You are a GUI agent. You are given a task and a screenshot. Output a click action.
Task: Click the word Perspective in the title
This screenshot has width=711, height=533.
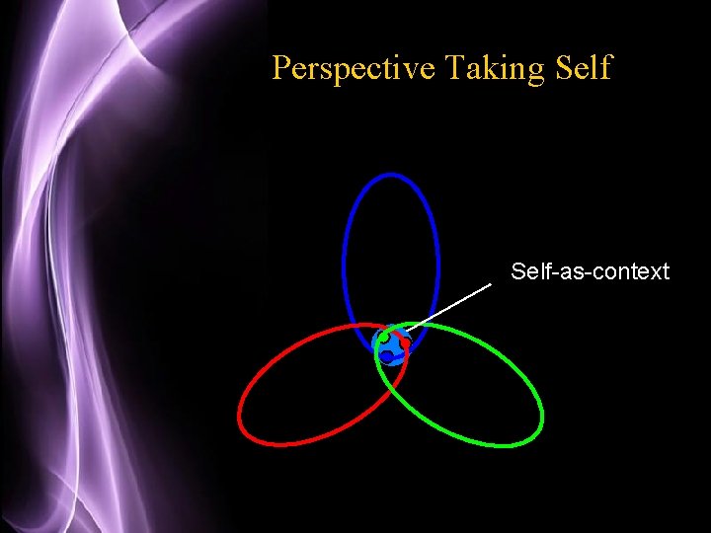point(354,68)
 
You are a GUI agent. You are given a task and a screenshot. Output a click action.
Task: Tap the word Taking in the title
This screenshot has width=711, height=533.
point(492,68)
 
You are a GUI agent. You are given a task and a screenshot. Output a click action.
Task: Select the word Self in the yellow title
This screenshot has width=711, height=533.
point(585,68)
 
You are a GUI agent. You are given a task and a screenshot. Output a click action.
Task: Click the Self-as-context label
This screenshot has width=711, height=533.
point(590,270)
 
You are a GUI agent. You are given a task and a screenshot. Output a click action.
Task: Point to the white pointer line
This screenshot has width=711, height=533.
point(450,306)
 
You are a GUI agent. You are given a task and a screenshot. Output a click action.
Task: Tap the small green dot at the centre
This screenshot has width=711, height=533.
point(384,338)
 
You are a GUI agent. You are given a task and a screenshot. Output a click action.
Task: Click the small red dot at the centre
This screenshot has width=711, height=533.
point(405,343)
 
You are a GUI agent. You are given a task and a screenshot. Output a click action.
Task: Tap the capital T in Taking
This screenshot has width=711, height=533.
point(454,68)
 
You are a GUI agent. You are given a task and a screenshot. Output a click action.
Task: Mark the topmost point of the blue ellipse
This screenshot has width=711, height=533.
point(391,175)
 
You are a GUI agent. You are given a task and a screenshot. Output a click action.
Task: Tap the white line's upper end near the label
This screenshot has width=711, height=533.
point(491,285)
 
